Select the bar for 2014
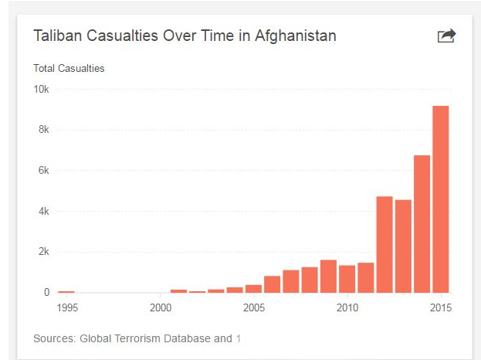pyautogui.click(x=422, y=224)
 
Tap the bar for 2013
pyautogui.click(x=403, y=246)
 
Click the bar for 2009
pyautogui.click(x=328, y=277)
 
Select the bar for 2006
pyautogui.click(x=272, y=284)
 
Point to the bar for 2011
pyautogui.click(x=366, y=278)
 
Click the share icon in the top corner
pyautogui.click(x=446, y=36)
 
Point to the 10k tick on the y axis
pyautogui.click(x=41, y=89)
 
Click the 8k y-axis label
pyautogui.click(x=43, y=130)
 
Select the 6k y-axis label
pyautogui.click(x=43, y=171)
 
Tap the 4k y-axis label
pyautogui.click(x=43, y=212)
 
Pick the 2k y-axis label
pyautogui.click(x=43, y=252)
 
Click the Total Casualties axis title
pyautogui.click(x=69, y=68)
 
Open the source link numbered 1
pyautogui.click(x=239, y=338)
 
